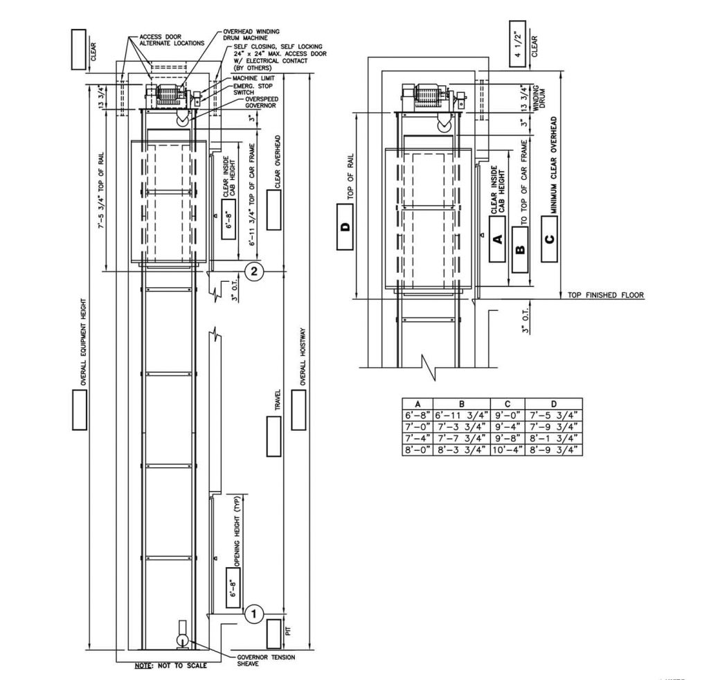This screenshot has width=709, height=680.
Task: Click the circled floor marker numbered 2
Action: [x=253, y=271]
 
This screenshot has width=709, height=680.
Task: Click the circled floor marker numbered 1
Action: [x=253, y=614]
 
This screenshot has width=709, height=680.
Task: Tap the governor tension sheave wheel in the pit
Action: [x=183, y=641]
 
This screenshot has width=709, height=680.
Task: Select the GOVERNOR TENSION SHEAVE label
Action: [x=266, y=660]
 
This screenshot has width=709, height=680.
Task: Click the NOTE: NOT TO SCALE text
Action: [x=171, y=665]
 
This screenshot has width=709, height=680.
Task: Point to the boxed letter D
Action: [x=345, y=226]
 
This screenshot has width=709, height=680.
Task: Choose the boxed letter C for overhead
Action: [x=549, y=239]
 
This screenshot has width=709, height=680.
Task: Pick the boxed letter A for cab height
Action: [x=497, y=239]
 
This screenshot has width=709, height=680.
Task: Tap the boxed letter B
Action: [x=520, y=249]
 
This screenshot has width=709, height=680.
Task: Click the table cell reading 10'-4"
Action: [x=508, y=450]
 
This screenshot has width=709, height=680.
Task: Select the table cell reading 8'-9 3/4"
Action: [x=554, y=450]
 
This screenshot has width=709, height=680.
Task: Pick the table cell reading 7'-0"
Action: [x=418, y=427]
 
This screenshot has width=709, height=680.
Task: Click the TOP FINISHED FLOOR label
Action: [x=605, y=295]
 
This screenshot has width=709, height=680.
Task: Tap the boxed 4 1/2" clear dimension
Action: [x=518, y=44]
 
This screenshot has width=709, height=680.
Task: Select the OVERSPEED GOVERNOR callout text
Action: [x=261, y=102]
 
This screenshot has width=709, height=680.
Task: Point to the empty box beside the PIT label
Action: [x=273, y=633]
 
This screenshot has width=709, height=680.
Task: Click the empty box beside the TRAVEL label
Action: [x=273, y=436]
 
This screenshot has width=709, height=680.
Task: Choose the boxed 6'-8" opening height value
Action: [x=233, y=587]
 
